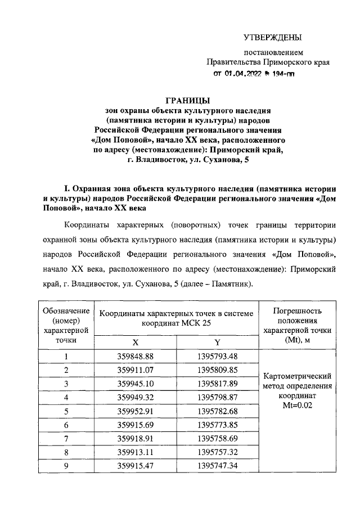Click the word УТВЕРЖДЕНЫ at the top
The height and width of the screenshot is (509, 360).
point(273,38)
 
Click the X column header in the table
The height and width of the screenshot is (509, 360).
point(134,343)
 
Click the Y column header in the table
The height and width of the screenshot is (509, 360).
point(217,343)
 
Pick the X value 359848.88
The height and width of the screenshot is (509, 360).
point(134,357)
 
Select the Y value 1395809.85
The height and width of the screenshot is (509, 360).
point(218,370)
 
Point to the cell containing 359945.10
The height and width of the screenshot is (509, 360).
point(134,384)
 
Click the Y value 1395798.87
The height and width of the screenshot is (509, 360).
point(218,398)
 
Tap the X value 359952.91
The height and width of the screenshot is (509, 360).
point(134,411)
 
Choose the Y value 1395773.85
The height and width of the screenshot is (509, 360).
point(218,425)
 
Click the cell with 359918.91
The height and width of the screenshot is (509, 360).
point(134,439)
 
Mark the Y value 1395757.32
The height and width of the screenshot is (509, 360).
point(218,452)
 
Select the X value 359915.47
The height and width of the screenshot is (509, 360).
point(134,466)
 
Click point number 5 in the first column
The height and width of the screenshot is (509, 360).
point(66,411)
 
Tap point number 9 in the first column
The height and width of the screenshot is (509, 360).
point(66,466)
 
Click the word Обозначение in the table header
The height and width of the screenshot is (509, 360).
point(66,310)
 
